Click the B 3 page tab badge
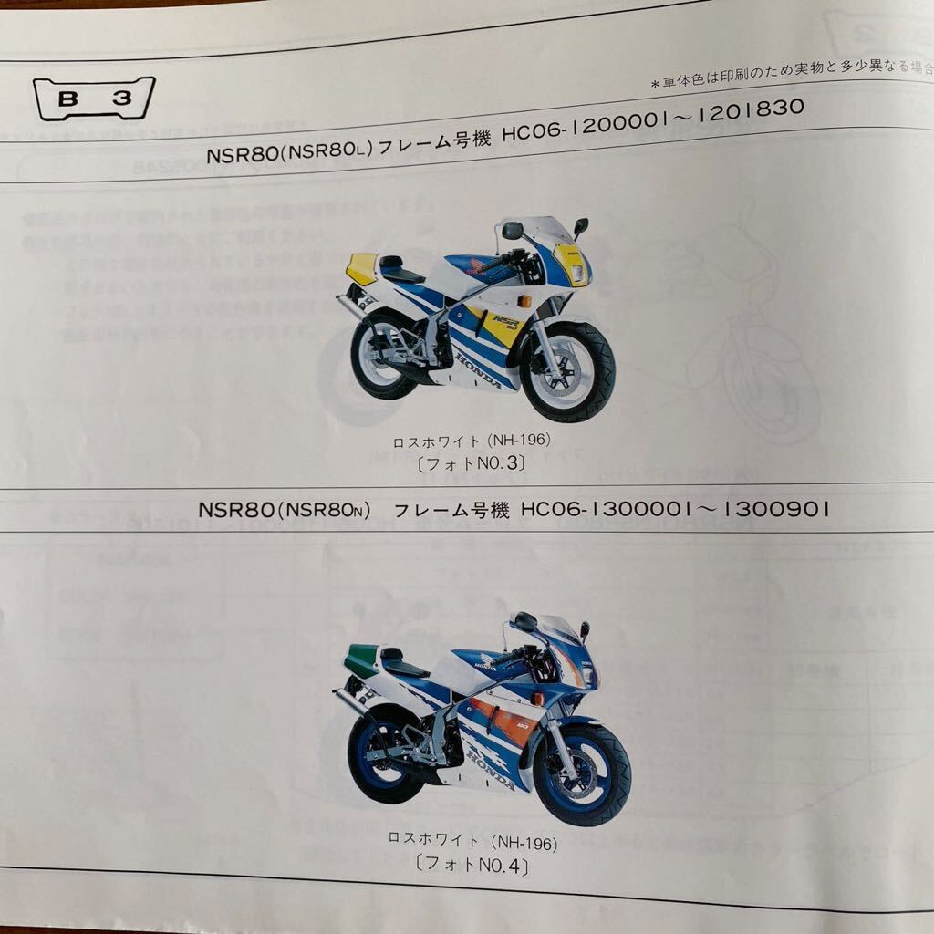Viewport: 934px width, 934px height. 94,99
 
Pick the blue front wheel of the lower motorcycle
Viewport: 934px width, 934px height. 582,773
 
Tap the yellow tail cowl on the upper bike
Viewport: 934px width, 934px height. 362,267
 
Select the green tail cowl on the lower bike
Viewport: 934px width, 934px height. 362,659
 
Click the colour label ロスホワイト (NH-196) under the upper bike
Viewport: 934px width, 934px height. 472,441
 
